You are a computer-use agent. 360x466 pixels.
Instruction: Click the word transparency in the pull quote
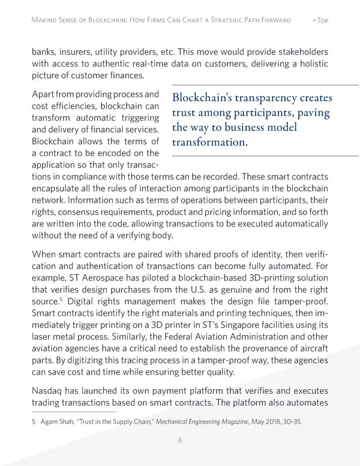click(263, 98)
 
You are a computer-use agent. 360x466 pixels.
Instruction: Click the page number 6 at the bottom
click(180, 440)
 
